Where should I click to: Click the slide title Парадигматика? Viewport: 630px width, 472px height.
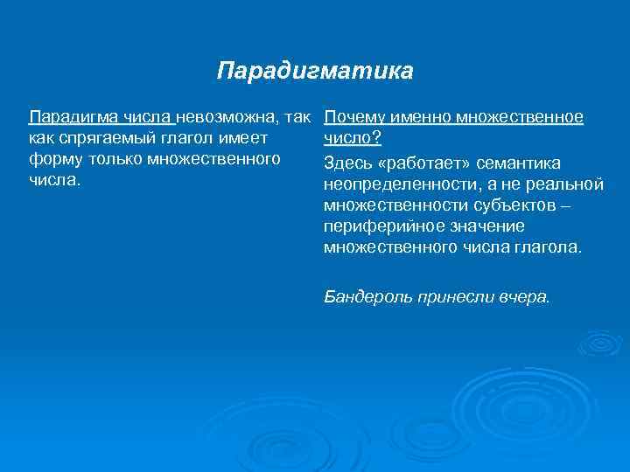pyautogui.click(x=314, y=70)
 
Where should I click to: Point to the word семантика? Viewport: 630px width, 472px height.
pyautogui.click(x=519, y=163)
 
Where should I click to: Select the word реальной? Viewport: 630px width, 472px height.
pyautogui.click(x=570, y=184)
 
